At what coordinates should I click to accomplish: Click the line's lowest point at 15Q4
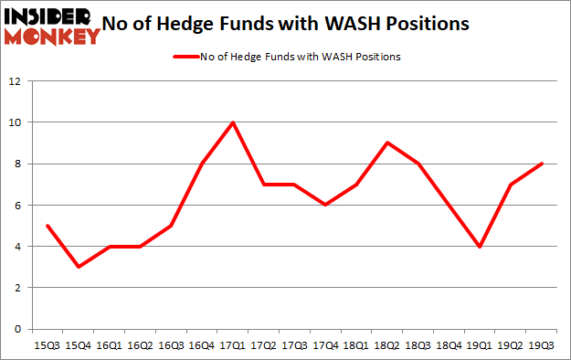(79, 267)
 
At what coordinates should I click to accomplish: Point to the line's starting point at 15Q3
(48, 226)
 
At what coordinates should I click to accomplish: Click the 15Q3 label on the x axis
(48, 344)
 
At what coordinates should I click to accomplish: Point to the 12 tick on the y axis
(16, 81)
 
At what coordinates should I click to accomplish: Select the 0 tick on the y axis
(18, 329)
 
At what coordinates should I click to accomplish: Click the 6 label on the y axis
(18, 206)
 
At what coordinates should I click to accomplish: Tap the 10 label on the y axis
(16, 122)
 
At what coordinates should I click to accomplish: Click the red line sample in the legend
(186, 57)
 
